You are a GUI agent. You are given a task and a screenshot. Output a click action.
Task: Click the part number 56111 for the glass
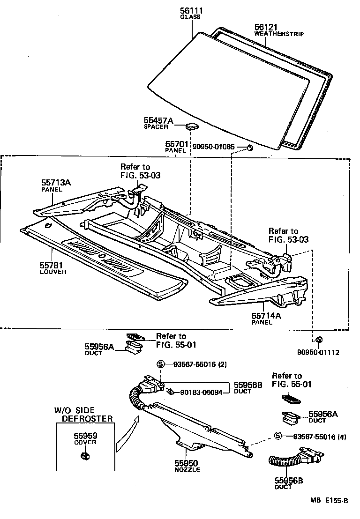[190, 10]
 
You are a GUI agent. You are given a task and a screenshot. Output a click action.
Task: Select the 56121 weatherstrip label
[266, 27]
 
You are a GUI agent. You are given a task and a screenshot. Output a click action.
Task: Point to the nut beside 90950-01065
[250, 148]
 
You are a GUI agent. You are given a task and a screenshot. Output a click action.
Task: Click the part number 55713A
[56, 183]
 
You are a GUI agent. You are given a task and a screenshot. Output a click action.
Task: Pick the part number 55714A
[266, 316]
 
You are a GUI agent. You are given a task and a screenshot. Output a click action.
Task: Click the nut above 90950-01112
[318, 339]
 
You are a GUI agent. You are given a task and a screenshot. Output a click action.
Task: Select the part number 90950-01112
[317, 352]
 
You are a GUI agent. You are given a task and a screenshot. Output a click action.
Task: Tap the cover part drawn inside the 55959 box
[85, 456]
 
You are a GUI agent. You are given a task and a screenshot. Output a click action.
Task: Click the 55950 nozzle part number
[187, 462]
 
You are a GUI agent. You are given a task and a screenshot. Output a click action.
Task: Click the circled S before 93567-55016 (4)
[278, 436]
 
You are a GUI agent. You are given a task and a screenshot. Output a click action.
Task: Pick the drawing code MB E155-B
[329, 500]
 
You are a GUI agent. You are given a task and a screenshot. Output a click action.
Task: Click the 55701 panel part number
[176, 144]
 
